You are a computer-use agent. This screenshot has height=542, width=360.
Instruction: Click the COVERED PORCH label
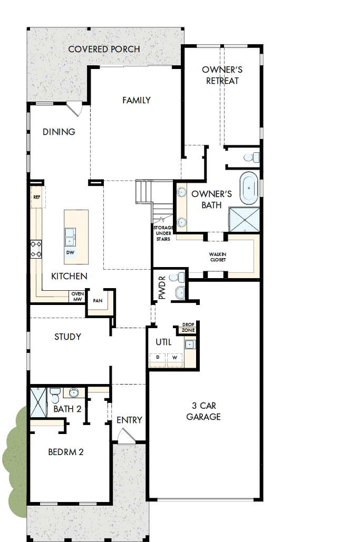click(x=104, y=50)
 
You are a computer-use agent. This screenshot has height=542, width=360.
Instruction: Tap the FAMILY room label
click(x=137, y=100)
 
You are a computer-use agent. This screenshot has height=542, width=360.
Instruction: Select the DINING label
click(x=59, y=132)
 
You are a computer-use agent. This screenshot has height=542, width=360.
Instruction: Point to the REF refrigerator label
click(x=36, y=197)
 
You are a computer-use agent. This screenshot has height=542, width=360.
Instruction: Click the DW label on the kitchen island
click(x=70, y=253)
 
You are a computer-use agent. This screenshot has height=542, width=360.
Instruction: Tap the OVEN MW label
click(x=77, y=297)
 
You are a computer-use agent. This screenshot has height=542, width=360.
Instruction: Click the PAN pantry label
click(x=98, y=301)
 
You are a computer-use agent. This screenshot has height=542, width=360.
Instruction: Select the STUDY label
click(x=67, y=336)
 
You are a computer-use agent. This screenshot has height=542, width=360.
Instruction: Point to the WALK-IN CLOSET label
click(x=218, y=257)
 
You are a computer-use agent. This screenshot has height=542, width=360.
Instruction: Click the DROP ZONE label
click(x=188, y=327)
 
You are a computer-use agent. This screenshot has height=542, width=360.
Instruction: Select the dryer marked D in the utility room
click(x=157, y=358)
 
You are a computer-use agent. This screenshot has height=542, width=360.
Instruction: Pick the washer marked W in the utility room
click(x=175, y=358)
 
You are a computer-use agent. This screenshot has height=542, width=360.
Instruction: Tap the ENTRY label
click(x=129, y=420)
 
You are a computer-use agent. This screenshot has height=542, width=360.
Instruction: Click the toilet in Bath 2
click(x=54, y=394)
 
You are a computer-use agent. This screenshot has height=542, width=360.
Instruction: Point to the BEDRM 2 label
click(x=66, y=451)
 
